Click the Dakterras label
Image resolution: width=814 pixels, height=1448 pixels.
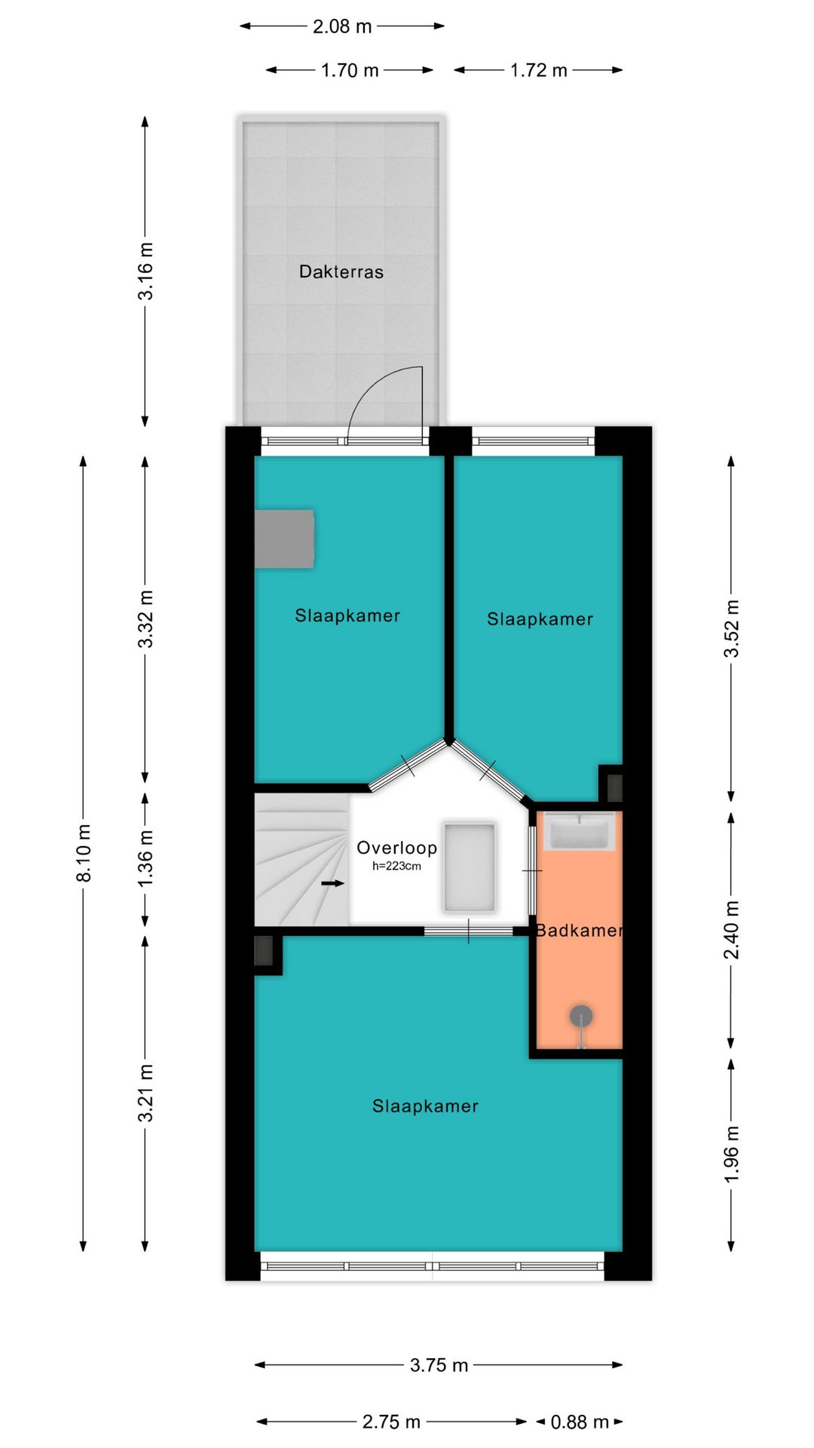341,271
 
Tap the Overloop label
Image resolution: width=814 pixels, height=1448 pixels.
397,848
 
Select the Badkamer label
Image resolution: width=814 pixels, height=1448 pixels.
580,931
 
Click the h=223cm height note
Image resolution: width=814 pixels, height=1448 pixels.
396,867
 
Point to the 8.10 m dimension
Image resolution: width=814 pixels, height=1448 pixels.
84,853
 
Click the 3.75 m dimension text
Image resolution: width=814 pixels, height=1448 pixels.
439,1365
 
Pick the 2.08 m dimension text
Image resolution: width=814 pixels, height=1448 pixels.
342,26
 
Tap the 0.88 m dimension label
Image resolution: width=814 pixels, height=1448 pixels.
580,1422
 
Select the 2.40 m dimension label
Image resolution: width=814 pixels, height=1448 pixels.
732,930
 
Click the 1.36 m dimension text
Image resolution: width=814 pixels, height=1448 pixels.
145,858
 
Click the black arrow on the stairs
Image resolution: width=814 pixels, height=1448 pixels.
332,882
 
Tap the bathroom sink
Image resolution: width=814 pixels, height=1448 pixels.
579,832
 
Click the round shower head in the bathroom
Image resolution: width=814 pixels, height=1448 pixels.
580,1017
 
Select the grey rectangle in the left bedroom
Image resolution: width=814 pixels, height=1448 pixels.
284,538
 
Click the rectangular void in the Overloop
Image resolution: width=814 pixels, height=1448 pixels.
470,867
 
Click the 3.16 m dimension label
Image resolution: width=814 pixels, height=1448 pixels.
145,271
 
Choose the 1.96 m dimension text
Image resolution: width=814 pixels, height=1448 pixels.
732,1154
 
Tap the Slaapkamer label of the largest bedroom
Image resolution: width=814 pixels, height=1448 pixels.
426,1106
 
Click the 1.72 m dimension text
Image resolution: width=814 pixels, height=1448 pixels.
539,71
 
